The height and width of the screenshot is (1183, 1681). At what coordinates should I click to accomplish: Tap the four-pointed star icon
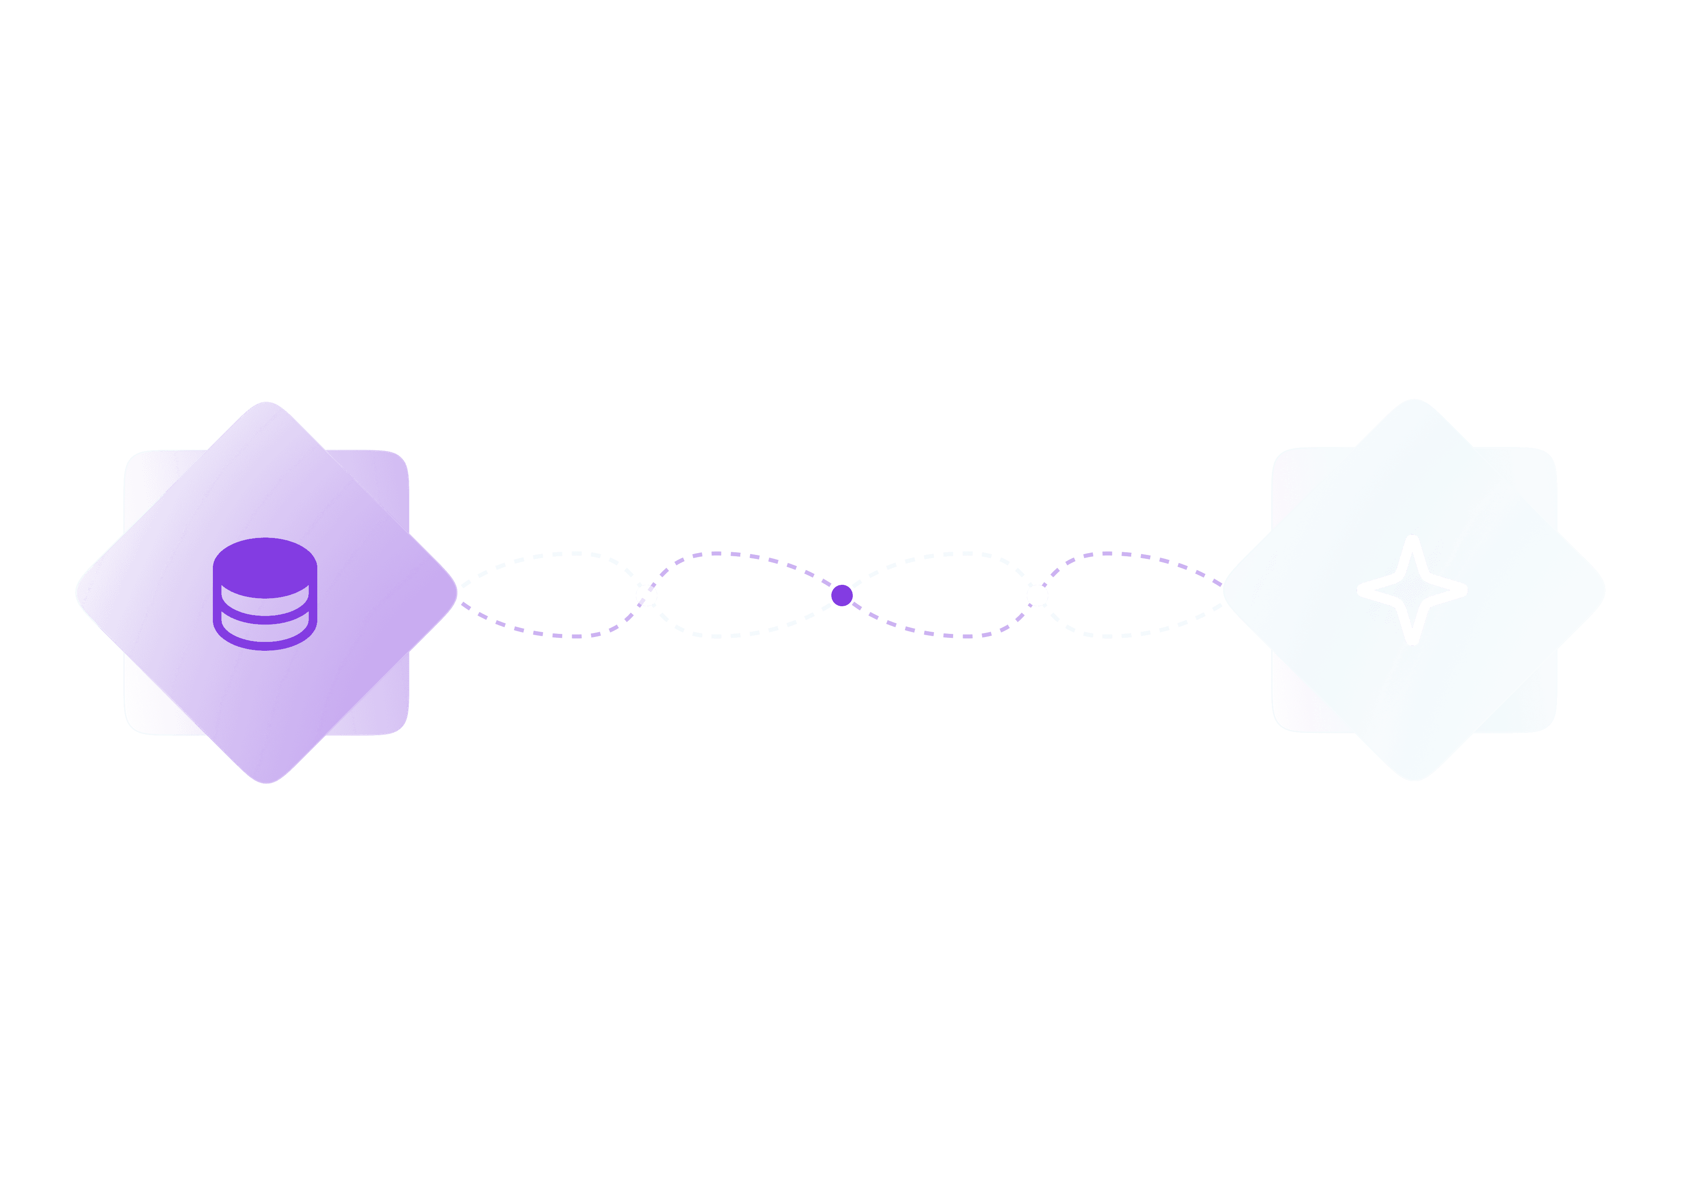coord(1412,590)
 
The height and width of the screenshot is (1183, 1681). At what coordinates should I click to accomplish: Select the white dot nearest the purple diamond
coord(647,595)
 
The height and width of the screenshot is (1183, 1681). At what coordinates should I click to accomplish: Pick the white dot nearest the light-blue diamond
coord(1038,595)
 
